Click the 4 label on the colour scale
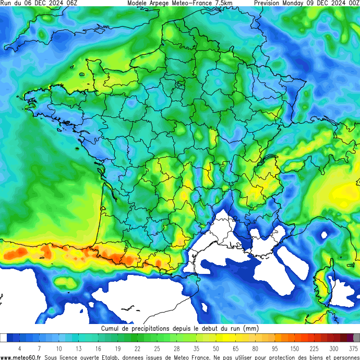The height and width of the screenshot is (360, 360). pos(19,348)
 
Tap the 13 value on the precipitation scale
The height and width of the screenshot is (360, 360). pos(78,348)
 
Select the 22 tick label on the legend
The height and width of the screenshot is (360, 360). pos(137,348)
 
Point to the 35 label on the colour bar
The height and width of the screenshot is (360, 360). pos(196,348)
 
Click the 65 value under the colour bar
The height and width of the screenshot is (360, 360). pos(235,348)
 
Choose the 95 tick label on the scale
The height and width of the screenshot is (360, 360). pos(274,348)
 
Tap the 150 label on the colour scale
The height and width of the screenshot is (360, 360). pos(294,348)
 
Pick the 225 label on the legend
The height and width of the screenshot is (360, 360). pos(314,348)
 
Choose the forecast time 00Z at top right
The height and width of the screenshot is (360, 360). pos(353,3)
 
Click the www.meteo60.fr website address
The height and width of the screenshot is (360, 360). pos(21,357)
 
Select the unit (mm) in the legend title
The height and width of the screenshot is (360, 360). pos(250,329)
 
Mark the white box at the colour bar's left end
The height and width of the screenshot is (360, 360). pos(4,338)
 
